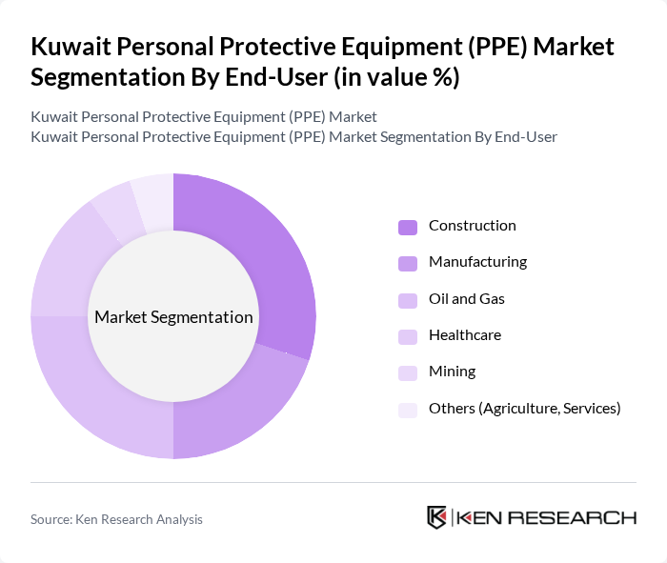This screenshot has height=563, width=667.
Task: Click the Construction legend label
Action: (472, 226)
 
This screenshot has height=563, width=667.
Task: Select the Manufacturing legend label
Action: (477, 262)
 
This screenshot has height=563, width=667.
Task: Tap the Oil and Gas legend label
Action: (466, 298)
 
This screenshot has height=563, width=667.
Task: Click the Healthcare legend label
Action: (464, 335)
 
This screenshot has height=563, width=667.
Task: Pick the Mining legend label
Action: (452, 372)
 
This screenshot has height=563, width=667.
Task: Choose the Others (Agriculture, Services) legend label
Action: (524, 409)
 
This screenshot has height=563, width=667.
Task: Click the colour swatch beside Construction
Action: (407, 227)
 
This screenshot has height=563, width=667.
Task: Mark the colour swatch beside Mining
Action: (407, 372)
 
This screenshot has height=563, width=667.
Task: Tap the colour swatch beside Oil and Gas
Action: (407, 299)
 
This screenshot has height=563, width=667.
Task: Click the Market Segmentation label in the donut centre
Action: (173, 317)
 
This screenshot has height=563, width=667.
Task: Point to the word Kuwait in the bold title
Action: (70, 47)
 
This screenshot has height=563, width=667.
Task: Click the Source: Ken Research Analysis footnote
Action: (116, 519)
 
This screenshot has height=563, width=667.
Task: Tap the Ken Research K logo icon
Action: (437, 517)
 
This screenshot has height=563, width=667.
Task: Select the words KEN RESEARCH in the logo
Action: (546, 517)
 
